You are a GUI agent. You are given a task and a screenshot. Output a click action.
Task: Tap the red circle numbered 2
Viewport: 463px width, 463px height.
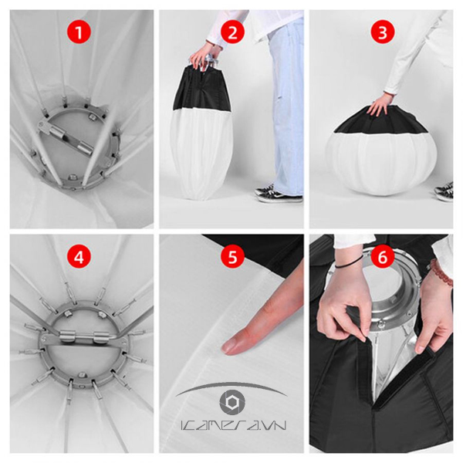pyautogui.click(x=231, y=33)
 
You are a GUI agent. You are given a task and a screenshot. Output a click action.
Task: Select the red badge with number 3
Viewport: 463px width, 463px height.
pyautogui.click(x=381, y=33)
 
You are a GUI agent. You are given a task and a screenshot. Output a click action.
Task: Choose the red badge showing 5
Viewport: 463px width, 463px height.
pyautogui.click(x=231, y=257)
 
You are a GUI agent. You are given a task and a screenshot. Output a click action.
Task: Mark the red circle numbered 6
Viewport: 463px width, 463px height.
pyautogui.click(x=381, y=257)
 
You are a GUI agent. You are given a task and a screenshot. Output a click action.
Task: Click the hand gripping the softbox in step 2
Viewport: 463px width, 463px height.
pyautogui.click(x=203, y=56)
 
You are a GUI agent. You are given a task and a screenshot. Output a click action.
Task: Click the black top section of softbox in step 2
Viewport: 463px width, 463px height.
pyautogui.click(x=202, y=89)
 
